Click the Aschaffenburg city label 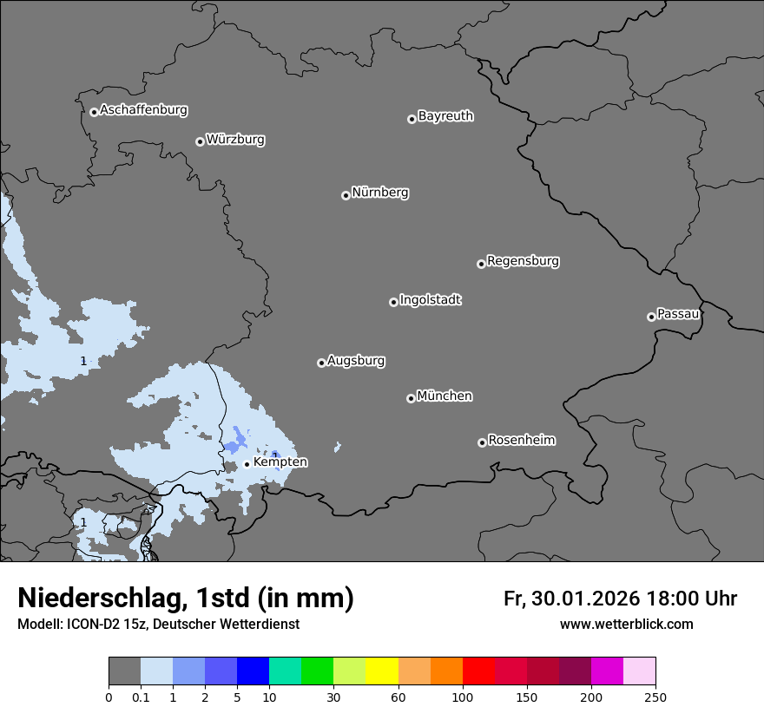pyautogui.click(x=143, y=110)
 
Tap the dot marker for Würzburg pyautogui.click(x=200, y=141)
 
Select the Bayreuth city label pyautogui.click(x=445, y=116)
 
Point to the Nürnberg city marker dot pyautogui.click(x=346, y=195)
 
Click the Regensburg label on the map pyautogui.click(x=523, y=261)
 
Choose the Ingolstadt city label pyautogui.click(x=430, y=300)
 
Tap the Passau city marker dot pyautogui.click(x=651, y=317)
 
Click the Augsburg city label pyautogui.click(x=356, y=361)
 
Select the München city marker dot pyautogui.click(x=411, y=398)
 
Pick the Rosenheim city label pyautogui.click(x=521, y=441)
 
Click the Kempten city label pyautogui.click(x=280, y=462)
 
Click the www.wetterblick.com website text pyautogui.click(x=626, y=624)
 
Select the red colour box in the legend pyautogui.click(x=478, y=671)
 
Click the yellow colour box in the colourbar pyautogui.click(x=382, y=671)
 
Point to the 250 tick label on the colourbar pyautogui.click(x=655, y=697)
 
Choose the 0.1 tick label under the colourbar pyautogui.click(x=141, y=697)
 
